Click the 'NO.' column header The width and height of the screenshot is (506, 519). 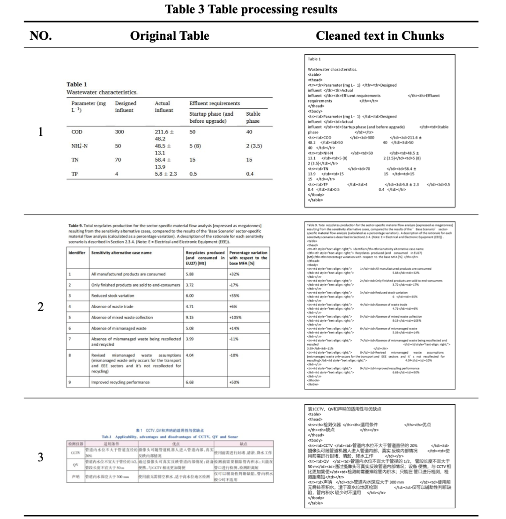pos(41,36)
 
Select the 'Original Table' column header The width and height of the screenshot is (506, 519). pos(170,36)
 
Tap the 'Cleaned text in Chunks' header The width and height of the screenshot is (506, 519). pos(379,36)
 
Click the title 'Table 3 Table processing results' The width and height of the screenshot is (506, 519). pos(251,9)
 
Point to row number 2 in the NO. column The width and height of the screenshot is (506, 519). pos(41,307)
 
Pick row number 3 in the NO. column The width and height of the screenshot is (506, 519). pos(41,457)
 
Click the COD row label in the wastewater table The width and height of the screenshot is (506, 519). pos(77,132)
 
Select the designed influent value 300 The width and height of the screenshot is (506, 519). pos(120,132)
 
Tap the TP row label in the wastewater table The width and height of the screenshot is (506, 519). pos(74,174)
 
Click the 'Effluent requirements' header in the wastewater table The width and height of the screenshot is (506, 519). pos(215,104)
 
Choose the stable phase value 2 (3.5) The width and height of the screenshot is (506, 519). pos(254,146)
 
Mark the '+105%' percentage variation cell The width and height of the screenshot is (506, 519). pos(235,318)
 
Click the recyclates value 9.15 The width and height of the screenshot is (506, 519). pos(190,318)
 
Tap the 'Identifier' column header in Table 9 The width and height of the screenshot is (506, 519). pos(76,252)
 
